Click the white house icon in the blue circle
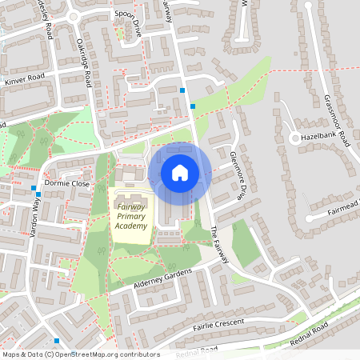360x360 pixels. tap(180, 172)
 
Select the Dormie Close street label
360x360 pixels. tap(67, 183)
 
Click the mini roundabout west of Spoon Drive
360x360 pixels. tap(74, 15)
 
